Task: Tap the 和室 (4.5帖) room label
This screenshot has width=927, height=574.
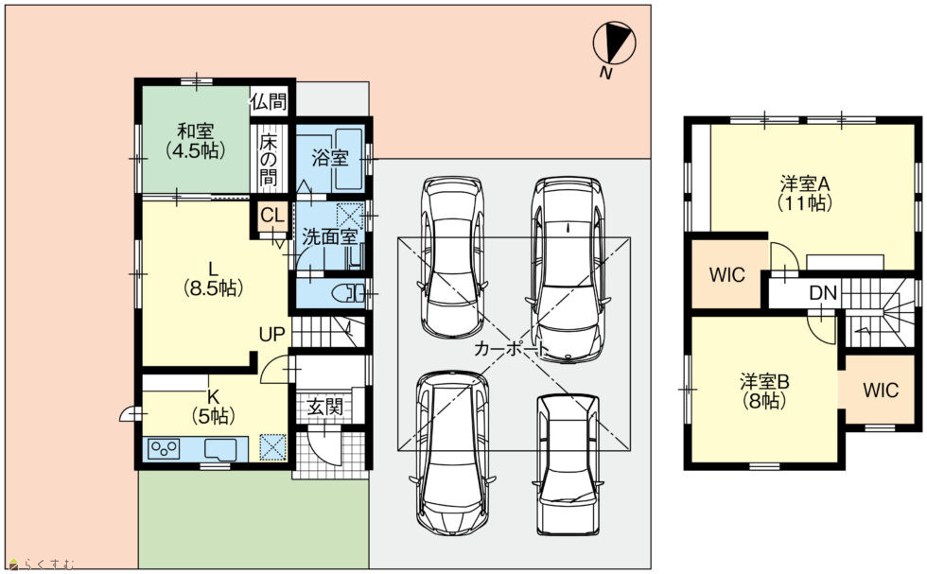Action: click(x=196, y=141)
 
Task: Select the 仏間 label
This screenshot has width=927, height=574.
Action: click(x=269, y=102)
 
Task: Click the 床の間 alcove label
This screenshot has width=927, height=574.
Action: click(x=269, y=160)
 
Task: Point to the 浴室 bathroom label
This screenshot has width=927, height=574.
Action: click(x=329, y=159)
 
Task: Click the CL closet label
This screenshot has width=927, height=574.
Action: click(x=272, y=216)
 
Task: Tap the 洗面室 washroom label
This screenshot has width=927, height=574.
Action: click(x=329, y=236)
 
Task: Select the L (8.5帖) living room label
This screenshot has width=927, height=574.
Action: click(x=212, y=278)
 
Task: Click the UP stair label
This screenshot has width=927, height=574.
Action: click(x=272, y=334)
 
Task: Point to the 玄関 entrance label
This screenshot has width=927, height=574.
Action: click(x=324, y=407)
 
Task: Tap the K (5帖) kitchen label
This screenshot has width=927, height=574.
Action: click(x=213, y=406)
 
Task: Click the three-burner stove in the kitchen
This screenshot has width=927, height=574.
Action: click(x=164, y=448)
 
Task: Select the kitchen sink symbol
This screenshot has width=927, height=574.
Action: click(x=220, y=448)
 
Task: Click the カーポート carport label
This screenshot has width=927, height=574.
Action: click(x=512, y=349)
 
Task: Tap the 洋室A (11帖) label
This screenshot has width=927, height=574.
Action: click(x=805, y=193)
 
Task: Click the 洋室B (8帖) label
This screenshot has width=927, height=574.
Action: click(x=764, y=391)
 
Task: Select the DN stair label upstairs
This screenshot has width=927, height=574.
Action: click(x=823, y=292)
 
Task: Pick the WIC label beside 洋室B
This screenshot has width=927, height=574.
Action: click(x=881, y=391)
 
